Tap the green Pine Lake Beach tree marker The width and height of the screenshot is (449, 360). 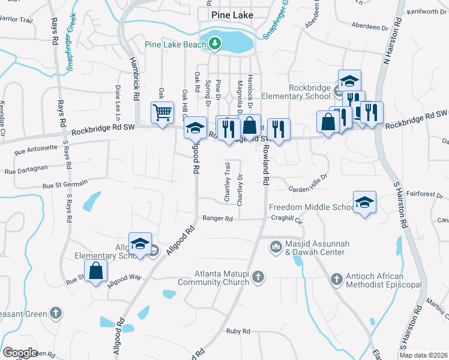pyautogui.click(x=214, y=43)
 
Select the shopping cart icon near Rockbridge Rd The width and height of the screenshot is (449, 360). pyautogui.click(x=163, y=112)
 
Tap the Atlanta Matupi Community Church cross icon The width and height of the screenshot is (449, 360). pyautogui.click(x=258, y=277)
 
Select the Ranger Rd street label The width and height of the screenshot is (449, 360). pyautogui.click(x=217, y=219)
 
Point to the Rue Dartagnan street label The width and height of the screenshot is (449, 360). pyautogui.click(x=25, y=171)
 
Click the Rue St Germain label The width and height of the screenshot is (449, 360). pyautogui.click(x=65, y=183)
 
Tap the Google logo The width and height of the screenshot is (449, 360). pyautogui.click(x=20, y=353)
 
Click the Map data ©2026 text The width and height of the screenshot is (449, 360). pyautogui.click(x=424, y=355)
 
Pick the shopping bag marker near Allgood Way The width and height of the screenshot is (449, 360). pyautogui.click(x=96, y=270)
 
